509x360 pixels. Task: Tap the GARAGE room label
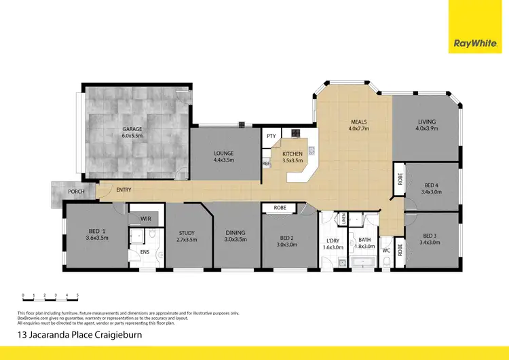[x=132, y=131]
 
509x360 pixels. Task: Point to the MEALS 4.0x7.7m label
[x=358, y=124]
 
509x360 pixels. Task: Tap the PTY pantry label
[x=271, y=136]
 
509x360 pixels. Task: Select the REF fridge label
[x=266, y=164]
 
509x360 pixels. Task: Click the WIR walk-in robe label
[x=145, y=219]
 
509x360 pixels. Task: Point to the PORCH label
[x=76, y=192]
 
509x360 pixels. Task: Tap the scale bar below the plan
[x=50, y=298]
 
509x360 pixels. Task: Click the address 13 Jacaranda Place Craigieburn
[x=79, y=335]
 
